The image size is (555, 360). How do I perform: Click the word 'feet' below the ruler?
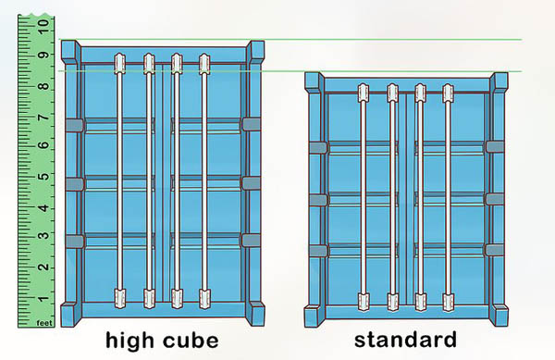pos(43,324)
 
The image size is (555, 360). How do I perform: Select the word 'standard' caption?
pos(405,341)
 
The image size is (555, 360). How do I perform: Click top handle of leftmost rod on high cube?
pos(119,64)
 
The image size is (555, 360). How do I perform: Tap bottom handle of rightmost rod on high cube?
pos(204,298)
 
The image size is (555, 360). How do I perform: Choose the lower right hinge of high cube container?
pos(249,240)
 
